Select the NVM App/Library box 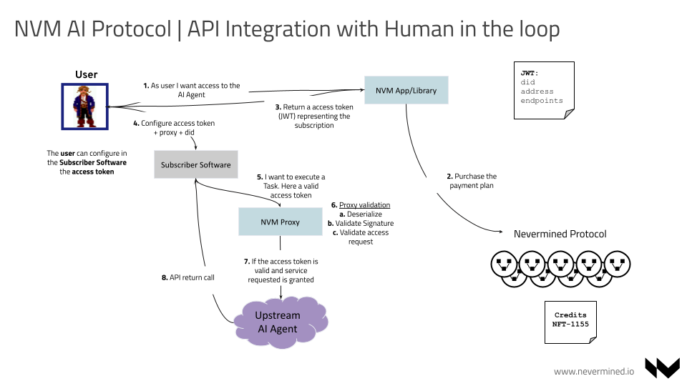pos(406,91)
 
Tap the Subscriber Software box pos(195,164)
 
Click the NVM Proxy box pos(280,222)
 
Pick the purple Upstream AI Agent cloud pos(278,322)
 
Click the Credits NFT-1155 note pos(570,320)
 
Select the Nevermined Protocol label pos(560,234)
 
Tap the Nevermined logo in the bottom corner pos(662,367)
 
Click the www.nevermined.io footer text pos(594,371)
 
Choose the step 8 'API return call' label pos(187,277)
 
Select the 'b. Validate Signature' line pos(361,223)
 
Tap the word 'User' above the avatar pos(86,74)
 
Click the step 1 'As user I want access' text pos(191,90)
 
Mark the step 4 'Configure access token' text pos(174,128)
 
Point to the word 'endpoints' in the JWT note pos(541,101)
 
